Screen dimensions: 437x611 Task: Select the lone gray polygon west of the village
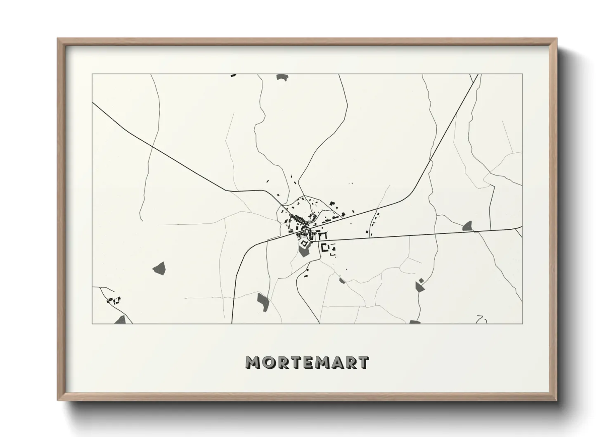(159, 268)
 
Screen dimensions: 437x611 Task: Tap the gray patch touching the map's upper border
(282, 77)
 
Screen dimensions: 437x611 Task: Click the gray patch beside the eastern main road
(468, 226)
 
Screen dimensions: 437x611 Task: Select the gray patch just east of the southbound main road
(263, 302)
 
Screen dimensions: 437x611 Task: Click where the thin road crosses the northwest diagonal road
(152, 147)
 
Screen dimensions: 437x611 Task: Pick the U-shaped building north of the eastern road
(322, 235)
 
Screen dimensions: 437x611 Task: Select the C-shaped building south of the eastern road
(325, 248)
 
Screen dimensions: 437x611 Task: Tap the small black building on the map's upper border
(233, 75)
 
